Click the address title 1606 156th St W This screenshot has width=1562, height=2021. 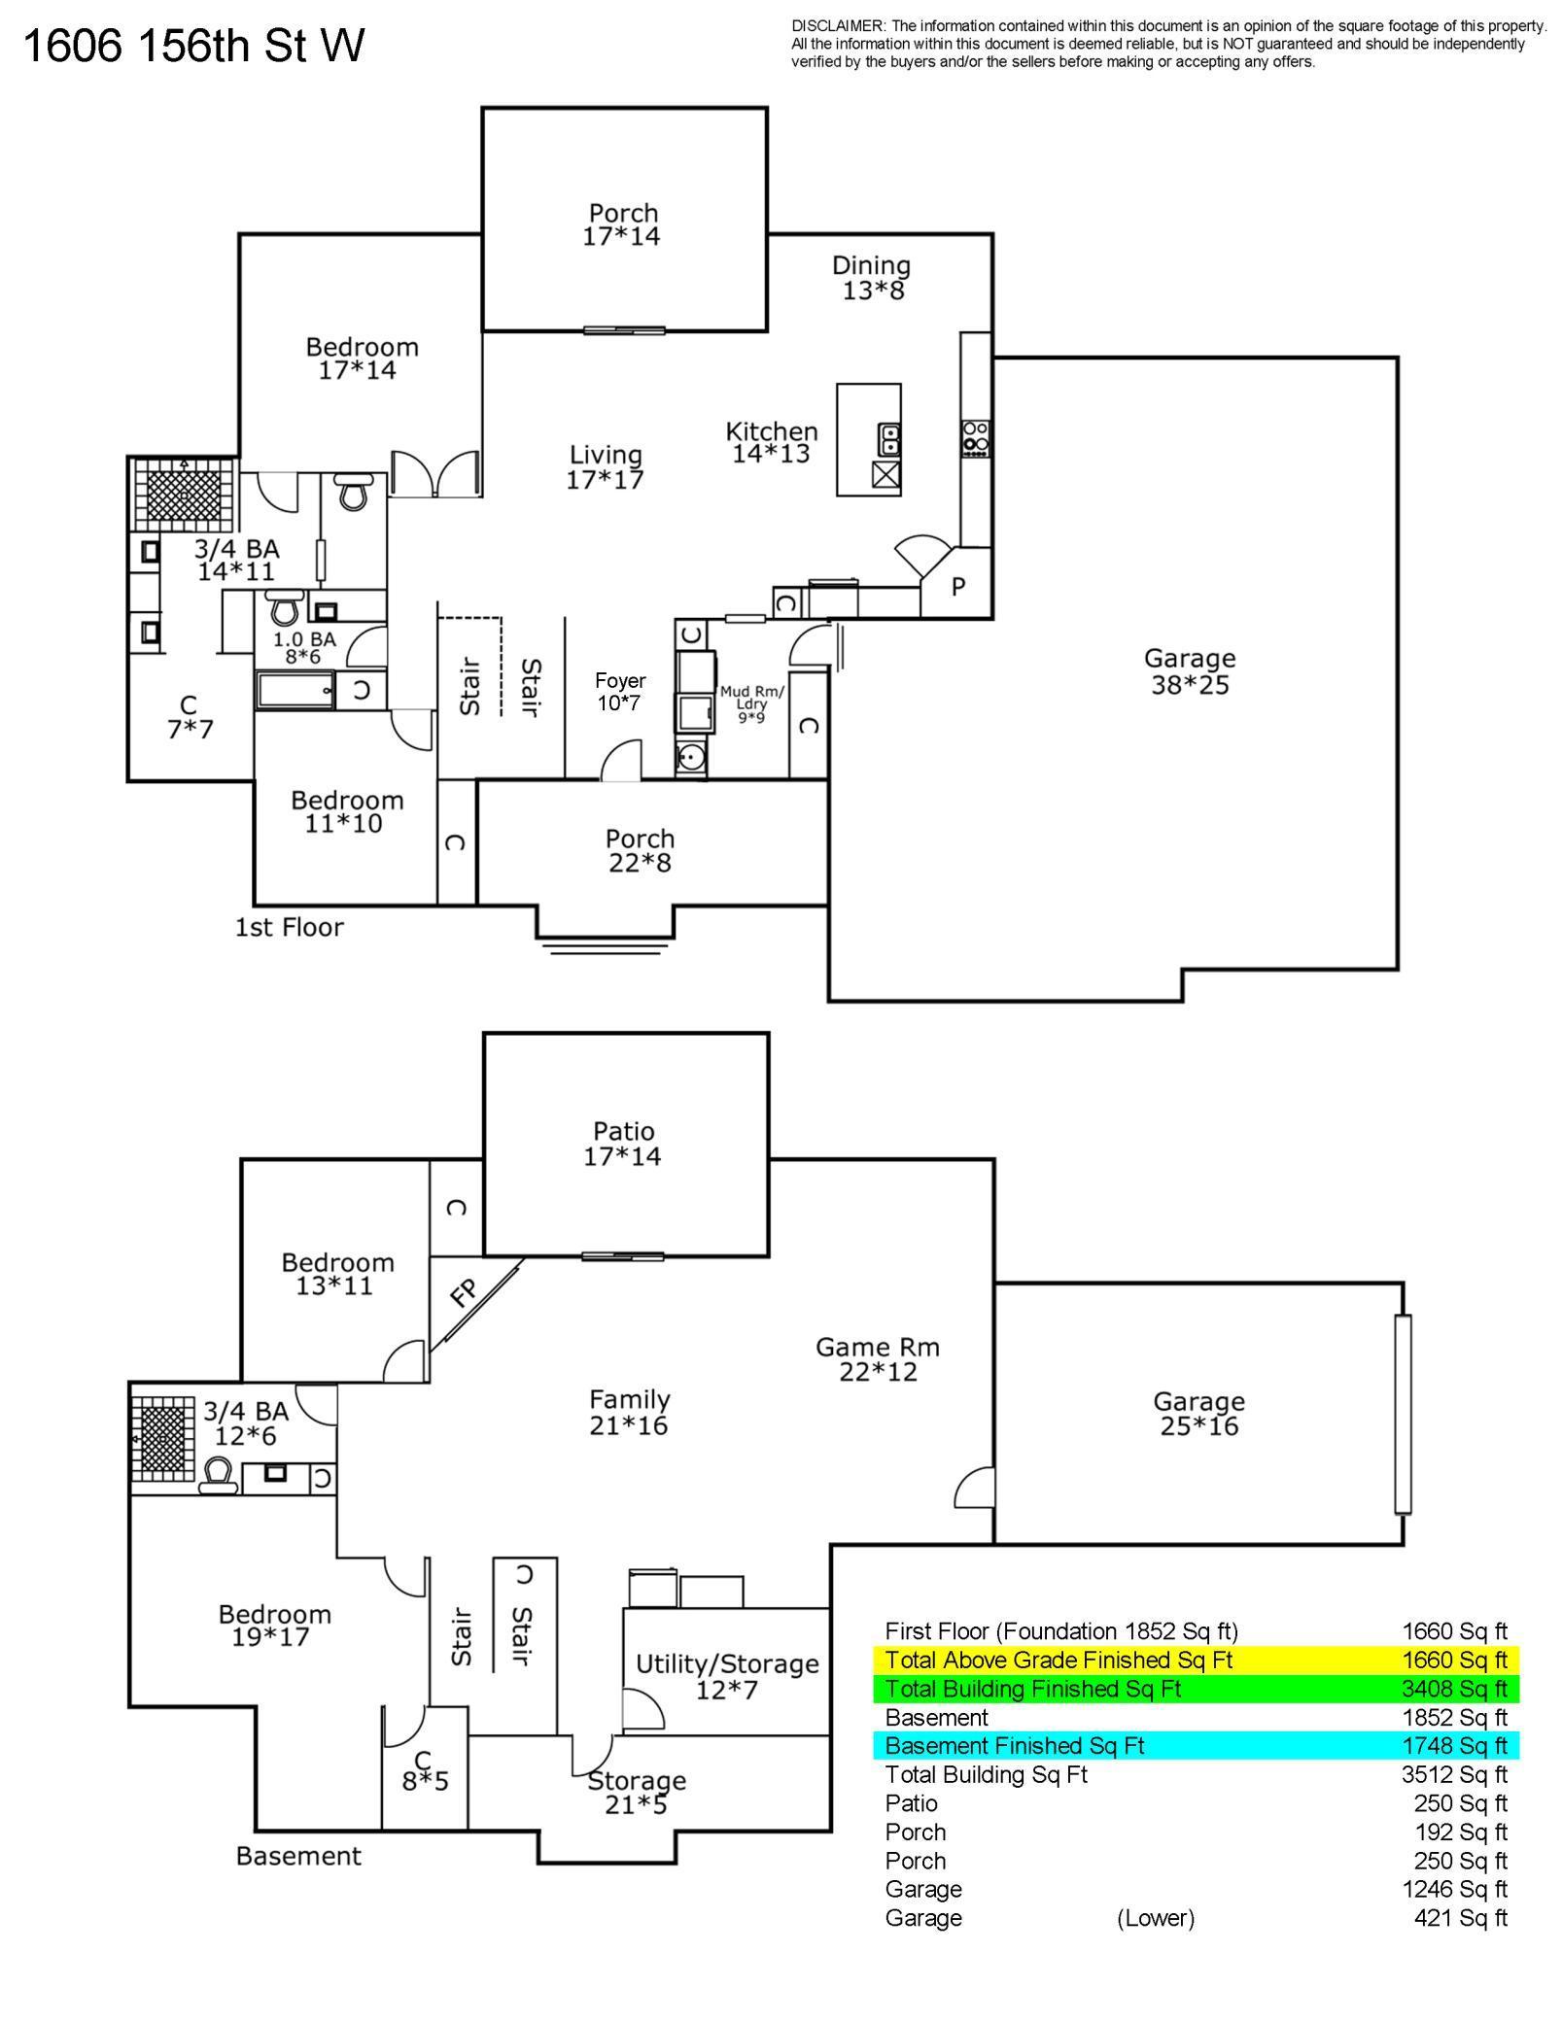(x=193, y=46)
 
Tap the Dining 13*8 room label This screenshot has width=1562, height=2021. (x=872, y=278)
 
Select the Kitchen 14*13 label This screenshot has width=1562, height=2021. (x=772, y=442)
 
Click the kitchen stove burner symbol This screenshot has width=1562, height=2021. (x=976, y=438)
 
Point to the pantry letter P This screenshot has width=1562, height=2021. (x=957, y=587)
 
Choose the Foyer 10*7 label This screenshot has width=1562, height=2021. (x=620, y=692)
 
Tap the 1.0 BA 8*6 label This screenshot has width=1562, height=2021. (x=304, y=648)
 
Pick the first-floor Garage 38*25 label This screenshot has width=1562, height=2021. (x=1190, y=672)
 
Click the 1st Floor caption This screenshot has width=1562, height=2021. (x=290, y=927)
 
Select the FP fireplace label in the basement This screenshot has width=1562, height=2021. (x=465, y=1292)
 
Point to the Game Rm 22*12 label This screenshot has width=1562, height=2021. (x=878, y=1359)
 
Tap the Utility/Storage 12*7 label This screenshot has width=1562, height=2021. (x=727, y=1677)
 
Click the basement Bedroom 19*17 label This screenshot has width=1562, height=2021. (x=274, y=1626)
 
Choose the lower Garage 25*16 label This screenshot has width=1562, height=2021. (x=1199, y=1414)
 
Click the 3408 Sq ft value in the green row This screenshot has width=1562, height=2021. (x=1454, y=1689)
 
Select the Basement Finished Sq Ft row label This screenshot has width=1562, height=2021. (x=1015, y=1746)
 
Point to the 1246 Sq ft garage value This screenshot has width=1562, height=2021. (x=1455, y=1889)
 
